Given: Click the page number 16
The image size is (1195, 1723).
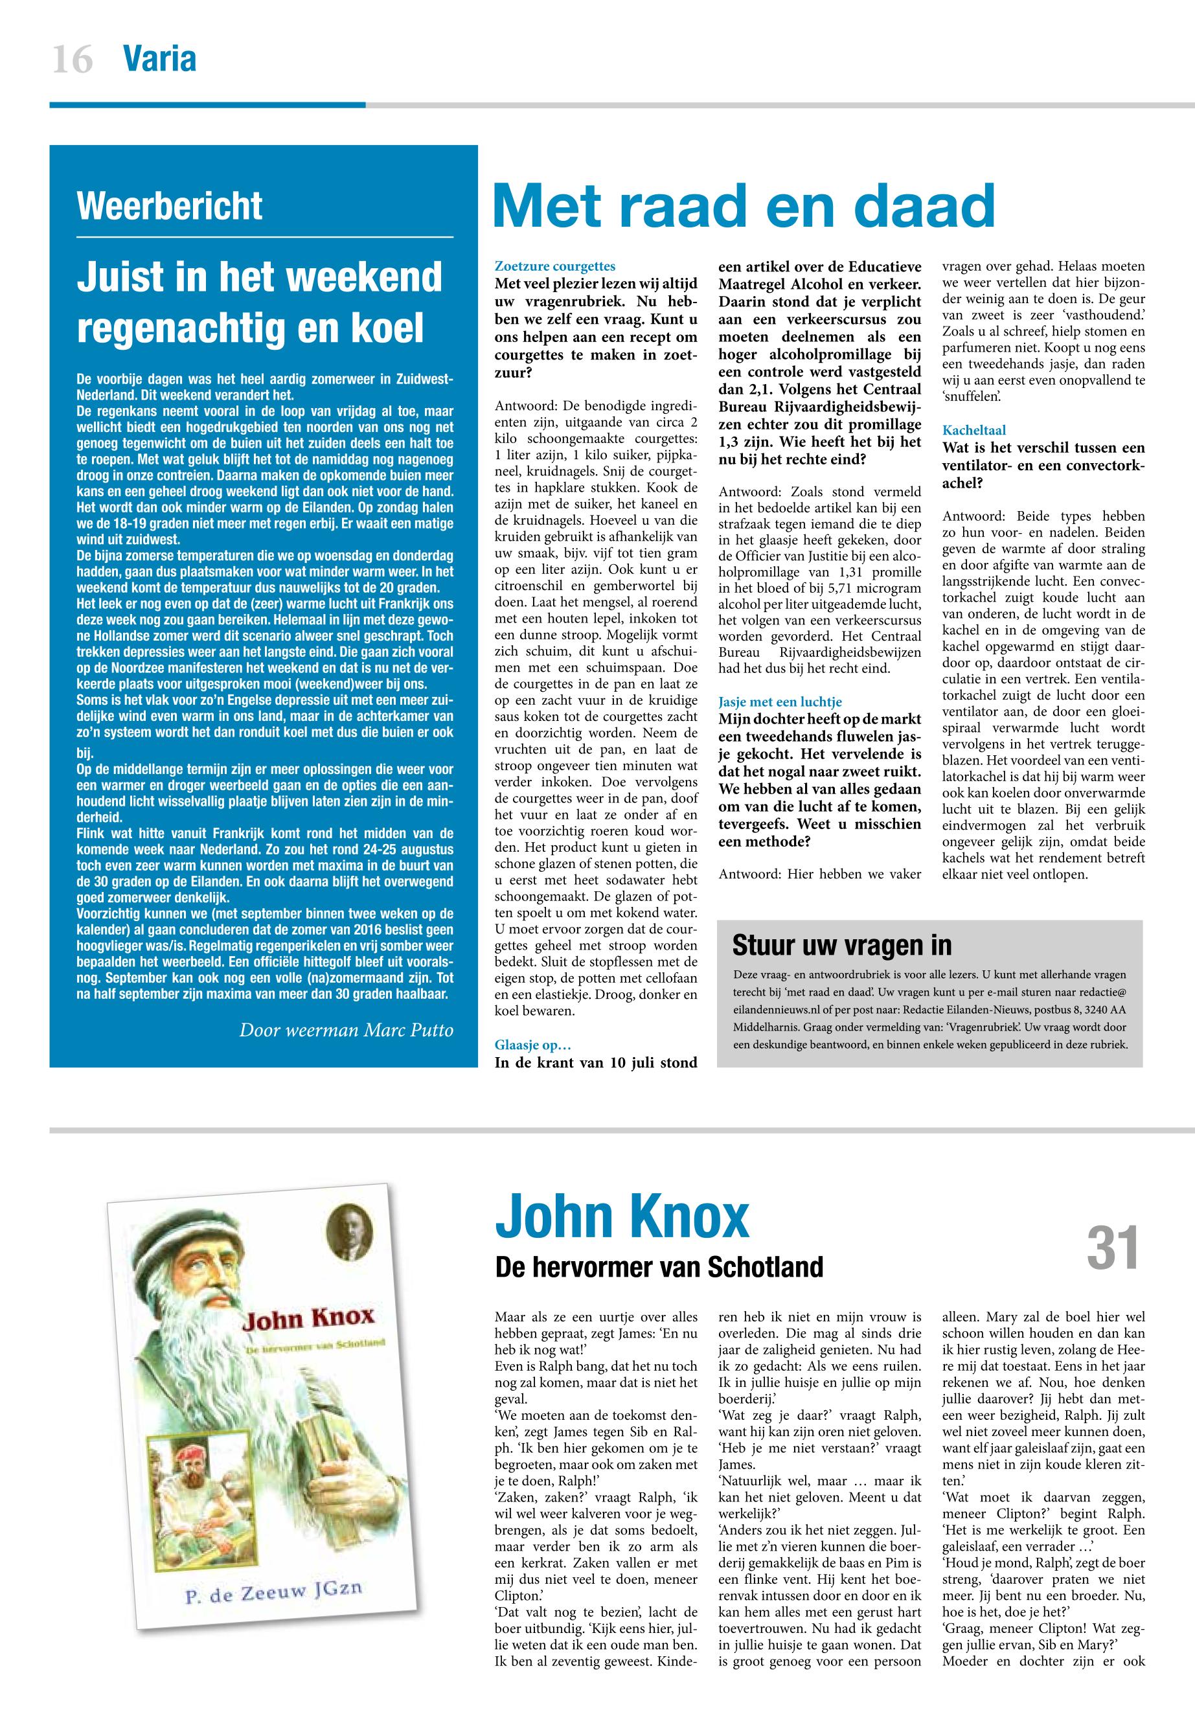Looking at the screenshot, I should pos(73,59).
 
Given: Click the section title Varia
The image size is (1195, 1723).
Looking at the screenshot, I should pos(159,58).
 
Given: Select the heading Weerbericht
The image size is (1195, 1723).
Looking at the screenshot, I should pos(169,206).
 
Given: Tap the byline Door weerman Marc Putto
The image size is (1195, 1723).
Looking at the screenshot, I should pos(346,1030).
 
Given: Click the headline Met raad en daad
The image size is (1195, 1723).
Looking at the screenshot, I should pos(744,207).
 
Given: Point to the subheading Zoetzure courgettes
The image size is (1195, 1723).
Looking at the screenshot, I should pos(555,266).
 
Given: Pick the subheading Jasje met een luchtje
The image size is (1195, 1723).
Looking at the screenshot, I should pos(780,702).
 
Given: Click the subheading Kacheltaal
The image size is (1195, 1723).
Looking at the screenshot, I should pos(974,431).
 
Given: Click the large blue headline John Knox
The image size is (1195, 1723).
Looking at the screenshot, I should pos(621,1218).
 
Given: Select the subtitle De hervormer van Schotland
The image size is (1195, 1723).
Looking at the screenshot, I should pos(659,1267).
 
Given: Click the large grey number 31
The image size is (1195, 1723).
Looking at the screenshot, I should pos(1113,1248).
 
